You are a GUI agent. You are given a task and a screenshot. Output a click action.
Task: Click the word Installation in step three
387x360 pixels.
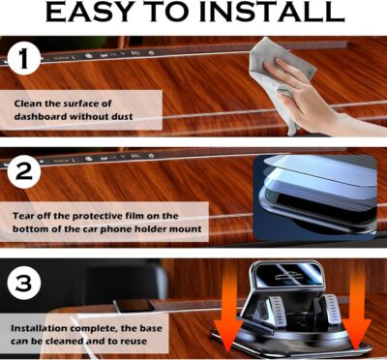point(41,328)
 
